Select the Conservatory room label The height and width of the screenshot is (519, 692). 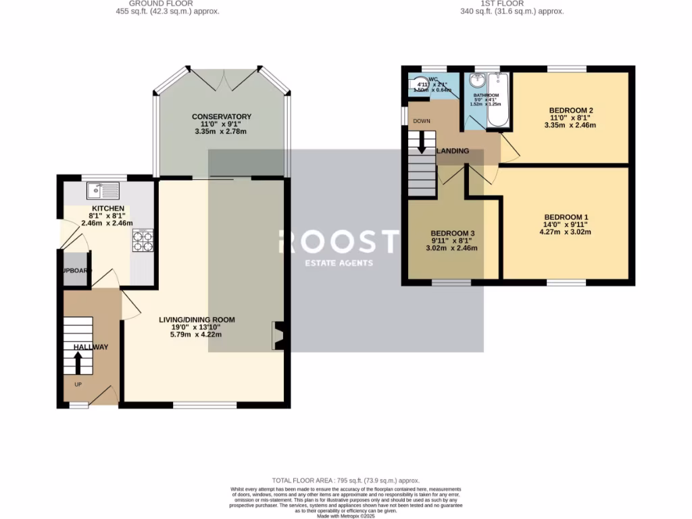[222, 117]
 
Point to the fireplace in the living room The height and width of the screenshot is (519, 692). [278, 336]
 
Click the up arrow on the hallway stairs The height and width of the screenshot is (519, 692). [78, 363]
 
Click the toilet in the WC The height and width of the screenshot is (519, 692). [415, 85]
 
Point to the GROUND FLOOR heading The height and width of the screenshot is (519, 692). [167, 3]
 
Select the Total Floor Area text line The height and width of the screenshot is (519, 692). [345, 479]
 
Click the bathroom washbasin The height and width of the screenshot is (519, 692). [478, 81]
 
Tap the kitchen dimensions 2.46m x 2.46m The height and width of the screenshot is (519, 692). [107, 223]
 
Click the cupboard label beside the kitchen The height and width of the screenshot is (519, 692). [74, 270]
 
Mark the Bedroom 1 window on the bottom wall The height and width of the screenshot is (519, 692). [566, 282]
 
